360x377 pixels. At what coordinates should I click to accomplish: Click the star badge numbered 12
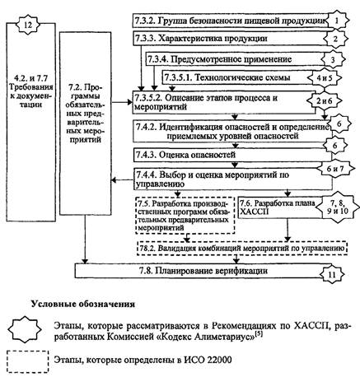point(28,25)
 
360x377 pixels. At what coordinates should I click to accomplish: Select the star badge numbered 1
point(337,21)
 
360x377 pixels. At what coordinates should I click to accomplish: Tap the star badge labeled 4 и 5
point(325,78)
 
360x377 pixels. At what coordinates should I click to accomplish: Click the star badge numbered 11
point(332,274)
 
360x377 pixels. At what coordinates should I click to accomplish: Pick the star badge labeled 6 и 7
point(334,169)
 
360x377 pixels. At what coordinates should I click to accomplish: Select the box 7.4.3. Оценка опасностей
point(233,155)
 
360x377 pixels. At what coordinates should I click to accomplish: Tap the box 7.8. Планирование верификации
point(199,271)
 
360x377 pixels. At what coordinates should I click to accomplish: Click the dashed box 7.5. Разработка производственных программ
point(185,215)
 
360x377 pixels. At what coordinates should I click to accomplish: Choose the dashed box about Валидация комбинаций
point(242,249)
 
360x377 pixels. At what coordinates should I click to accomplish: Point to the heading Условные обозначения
point(83,305)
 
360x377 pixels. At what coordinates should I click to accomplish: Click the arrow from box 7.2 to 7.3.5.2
point(122,102)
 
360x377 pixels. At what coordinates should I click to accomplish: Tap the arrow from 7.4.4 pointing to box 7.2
point(122,180)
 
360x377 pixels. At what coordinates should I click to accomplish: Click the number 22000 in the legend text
point(220,360)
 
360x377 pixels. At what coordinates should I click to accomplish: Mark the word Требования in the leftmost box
point(31,87)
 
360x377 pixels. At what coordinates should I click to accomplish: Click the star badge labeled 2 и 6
point(324,101)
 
